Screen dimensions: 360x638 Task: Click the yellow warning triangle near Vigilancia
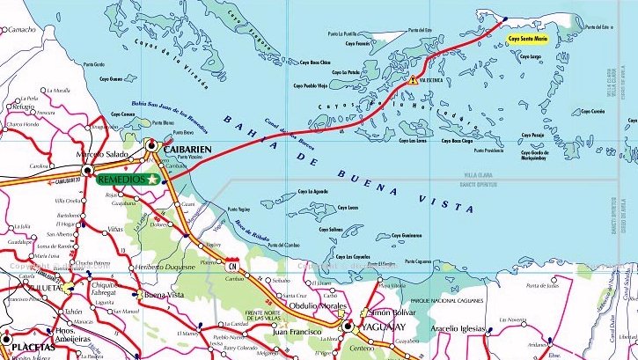click(412, 80)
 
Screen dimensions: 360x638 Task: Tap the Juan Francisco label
click(304, 332)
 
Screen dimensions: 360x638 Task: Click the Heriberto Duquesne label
click(165, 267)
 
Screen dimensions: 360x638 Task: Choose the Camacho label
click(23, 29)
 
